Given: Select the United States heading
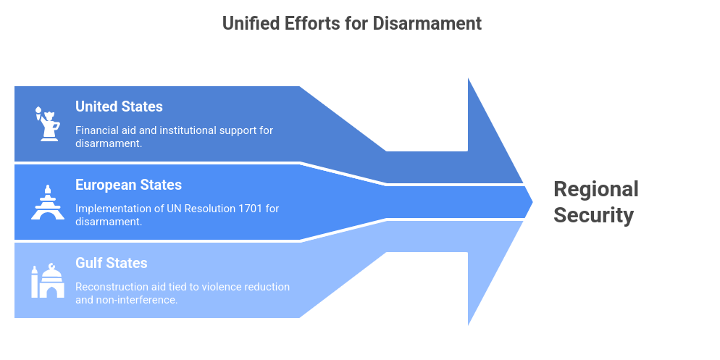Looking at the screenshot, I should (x=119, y=106).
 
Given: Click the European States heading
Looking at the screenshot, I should (x=128, y=185).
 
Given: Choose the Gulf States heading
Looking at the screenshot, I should (x=111, y=263).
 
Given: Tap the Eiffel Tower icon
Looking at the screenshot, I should (x=48, y=202).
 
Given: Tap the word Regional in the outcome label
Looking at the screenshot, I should (x=595, y=189).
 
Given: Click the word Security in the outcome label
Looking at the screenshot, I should (x=593, y=215).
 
